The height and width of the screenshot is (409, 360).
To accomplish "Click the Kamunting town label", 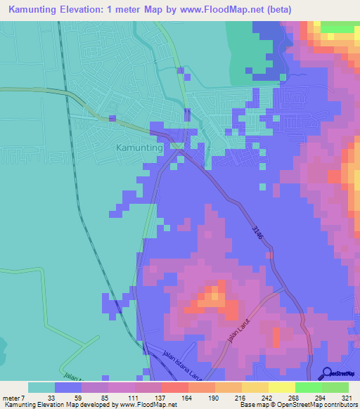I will pyautogui.click(x=138, y=149).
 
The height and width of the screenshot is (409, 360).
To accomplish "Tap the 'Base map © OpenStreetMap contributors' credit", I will pyautogui.click(x=295, y=405).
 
